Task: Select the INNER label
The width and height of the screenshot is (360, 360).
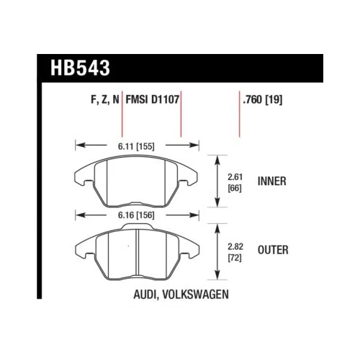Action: (271, 181)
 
